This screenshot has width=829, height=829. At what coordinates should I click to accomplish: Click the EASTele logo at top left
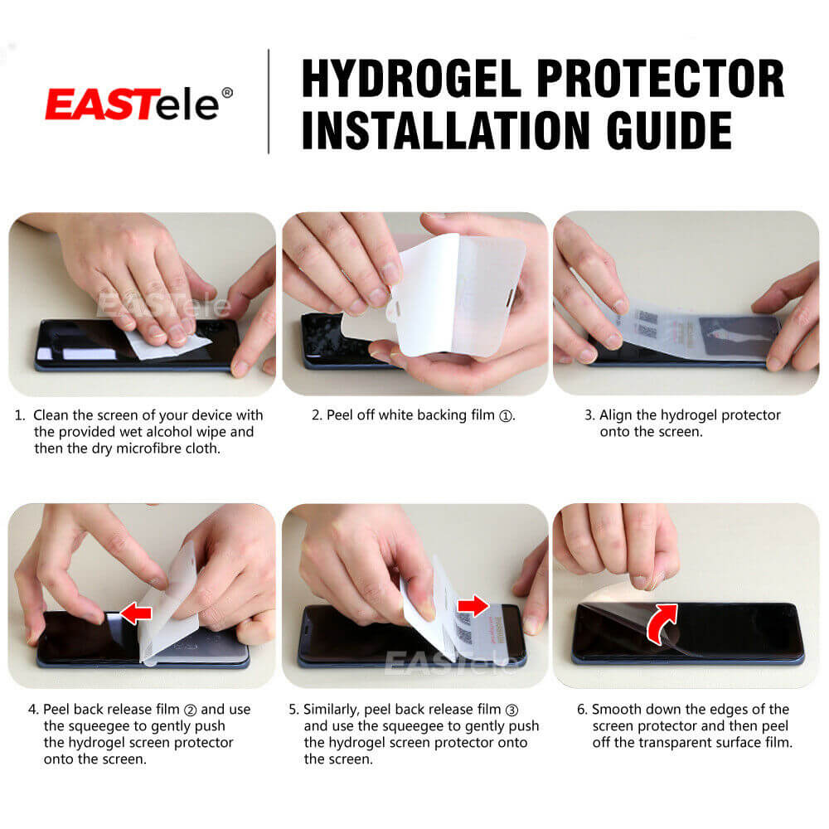pyautogui.click(x=133, y=104)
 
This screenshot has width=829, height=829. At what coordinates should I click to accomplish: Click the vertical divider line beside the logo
pyautogui.click(x=268, y=102)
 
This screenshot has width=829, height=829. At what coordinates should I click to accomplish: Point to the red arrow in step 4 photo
pyautogui.click(x=136, y=613)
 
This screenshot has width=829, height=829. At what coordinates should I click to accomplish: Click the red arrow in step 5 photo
pyautogui.click(x=474, y=606)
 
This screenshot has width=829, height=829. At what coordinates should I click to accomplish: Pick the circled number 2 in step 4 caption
pyautogui.click(x=190, y=710)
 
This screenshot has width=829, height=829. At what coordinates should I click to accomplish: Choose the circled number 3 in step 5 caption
pyautogui.click(x=511, y=710)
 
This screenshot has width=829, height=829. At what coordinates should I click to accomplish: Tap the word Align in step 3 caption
pyautogui.click(x=617, y=415)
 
